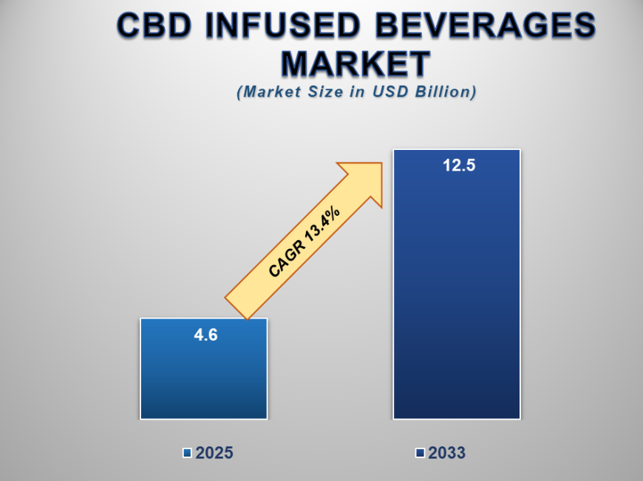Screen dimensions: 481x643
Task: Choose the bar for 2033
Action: pyautogui.click(x=457, y=296)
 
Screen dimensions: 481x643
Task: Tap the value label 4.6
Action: pyautogui.click(x=205, y=334)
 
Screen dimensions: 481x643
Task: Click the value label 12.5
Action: pyautogui.click(x=458, y=166)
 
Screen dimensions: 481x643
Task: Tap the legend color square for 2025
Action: pyautogui.click(x=187, y=453)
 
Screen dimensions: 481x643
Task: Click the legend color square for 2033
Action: pyautogui.click(x=420, y=453)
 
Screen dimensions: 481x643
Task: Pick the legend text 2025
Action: pyautogui.click(x=214, y=453)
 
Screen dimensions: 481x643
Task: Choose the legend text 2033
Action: pyautogui.click(x=446, y=453)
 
